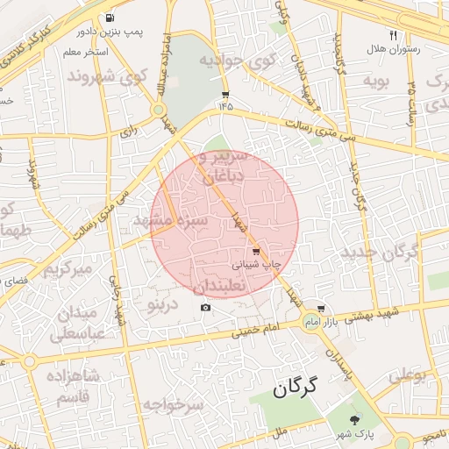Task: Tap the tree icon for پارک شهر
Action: coord(355,421)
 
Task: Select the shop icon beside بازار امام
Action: coord(322,309)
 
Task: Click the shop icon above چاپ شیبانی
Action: coord(255,252)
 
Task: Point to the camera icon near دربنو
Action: coord(206,307)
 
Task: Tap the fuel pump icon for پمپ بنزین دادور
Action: coord(109,18)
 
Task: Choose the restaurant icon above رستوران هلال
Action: coord(393,36)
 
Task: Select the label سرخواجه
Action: coord(173,405)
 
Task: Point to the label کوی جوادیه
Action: coord(236,61)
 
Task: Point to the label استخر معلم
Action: coord(85,53)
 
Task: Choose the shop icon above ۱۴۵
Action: coord(226,95)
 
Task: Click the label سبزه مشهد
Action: coord(170,220)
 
